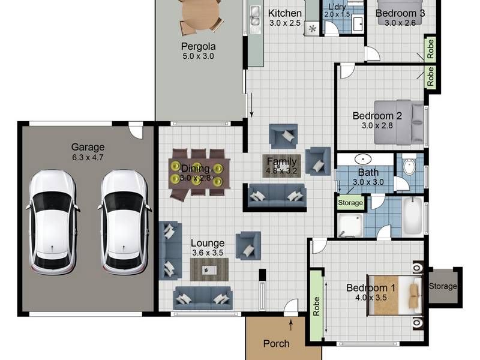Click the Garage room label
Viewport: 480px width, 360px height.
[88, 147]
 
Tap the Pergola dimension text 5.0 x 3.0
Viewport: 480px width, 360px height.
[198, 56]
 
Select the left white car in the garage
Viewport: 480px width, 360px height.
[52, 222]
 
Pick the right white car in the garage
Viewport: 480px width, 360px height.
[124, 222]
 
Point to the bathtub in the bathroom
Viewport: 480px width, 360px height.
[412, 217]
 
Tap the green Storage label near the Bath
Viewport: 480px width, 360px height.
[350, 203]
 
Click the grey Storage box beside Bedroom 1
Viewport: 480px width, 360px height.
[443, 286]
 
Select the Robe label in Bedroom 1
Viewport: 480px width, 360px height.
[316, 306]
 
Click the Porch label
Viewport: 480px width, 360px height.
[276, 344]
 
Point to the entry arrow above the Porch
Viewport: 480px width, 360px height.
[290, 325]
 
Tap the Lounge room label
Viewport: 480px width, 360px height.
[208, 243]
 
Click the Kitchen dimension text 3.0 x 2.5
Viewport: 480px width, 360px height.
[284, 23]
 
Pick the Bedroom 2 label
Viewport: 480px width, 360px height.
[377, 116]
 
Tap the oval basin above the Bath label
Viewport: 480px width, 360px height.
[363, 159]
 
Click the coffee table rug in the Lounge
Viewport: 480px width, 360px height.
[209, 269]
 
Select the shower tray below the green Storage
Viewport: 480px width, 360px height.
[350, 226]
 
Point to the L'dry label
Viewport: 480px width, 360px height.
[337, 7]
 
